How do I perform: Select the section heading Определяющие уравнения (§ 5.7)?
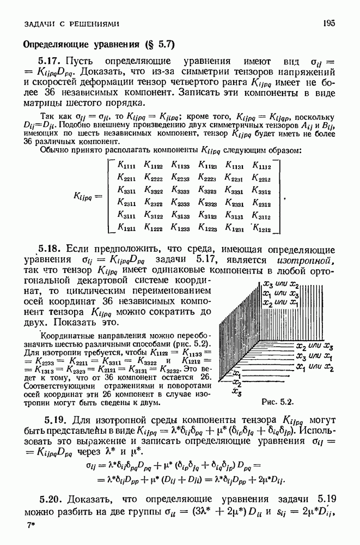point(97,43)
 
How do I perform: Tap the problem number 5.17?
point(48,61)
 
